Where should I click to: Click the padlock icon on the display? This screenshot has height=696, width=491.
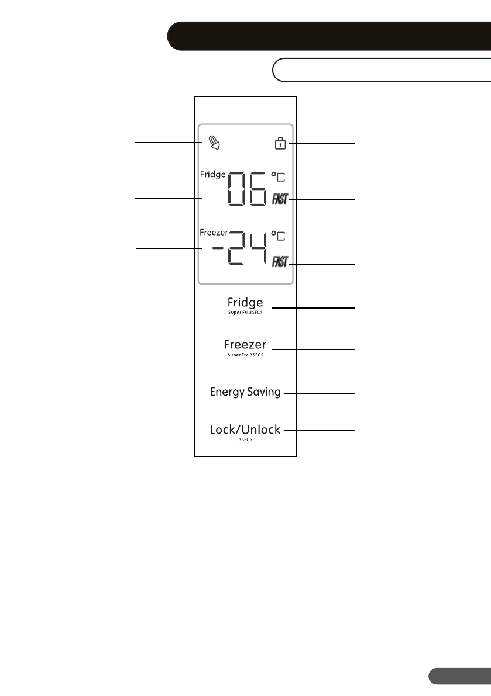pyautogui.click(x=281, y=143)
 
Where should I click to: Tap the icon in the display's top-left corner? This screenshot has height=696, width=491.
pyautogui.click(x=215, y=143)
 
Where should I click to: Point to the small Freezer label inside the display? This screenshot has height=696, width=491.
pyautogui.click(x=214, y=233)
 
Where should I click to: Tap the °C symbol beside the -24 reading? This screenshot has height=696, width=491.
pyautogui.click(x=279, y=237)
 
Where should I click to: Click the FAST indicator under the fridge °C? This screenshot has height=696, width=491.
pyautogui.click(x=279, y=200)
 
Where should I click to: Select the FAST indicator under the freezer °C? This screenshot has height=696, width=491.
pyautogui.click(x=279, y=261)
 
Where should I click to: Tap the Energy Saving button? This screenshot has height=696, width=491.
pyautogui.click(x=245, y=392)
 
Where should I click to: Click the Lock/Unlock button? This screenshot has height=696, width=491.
pyautogui.click(x=245, y=431)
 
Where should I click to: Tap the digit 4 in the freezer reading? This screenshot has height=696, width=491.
pyautogui.click(x=257, y=248)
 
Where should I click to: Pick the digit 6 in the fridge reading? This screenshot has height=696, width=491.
pyautogui.click(x=257, y=189)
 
